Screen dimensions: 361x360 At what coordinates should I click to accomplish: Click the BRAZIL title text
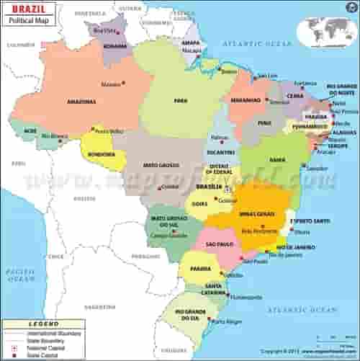pos(22,10)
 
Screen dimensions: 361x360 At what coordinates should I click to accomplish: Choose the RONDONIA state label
pos(96,153)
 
